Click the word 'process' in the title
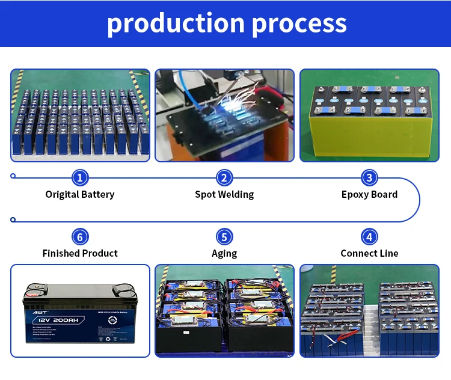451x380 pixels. pyautogui.click(x=299, y=23)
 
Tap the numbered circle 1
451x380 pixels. pyautogui.click(x=80, y=177)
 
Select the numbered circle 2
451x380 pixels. pyautogui.click(x=224, y=177)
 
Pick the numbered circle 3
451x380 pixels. pyautogui.click(x=369, y=177)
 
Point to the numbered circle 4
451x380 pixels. pyautogui.click(x=369, y=236)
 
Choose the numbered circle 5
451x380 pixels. pyautogui.click(x=224, y=236)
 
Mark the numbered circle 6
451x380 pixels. pyautogui.click(x=80, y=236)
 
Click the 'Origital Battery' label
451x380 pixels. pyautogui.click(x=80, y=194)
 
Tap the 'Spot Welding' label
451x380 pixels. pyautogui.click(x=224, y=194)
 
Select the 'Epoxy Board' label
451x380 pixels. pyautogui.click(x=369, y=194)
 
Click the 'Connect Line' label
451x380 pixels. pyautogui.click(x=369, y=253)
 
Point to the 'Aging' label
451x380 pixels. pyautogui.click(x=224, y=253)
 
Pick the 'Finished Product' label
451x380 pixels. pyautogui.click(x=80, y=253)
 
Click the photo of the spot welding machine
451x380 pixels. pyautogui.click(x=224, y=115)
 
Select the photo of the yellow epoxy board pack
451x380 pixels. pyautogui.click(x=369, y=115)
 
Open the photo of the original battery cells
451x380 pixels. pyautogui.click(x=80, y=115)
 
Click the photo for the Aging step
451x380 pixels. pyautogui.click(x=224, y=311)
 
